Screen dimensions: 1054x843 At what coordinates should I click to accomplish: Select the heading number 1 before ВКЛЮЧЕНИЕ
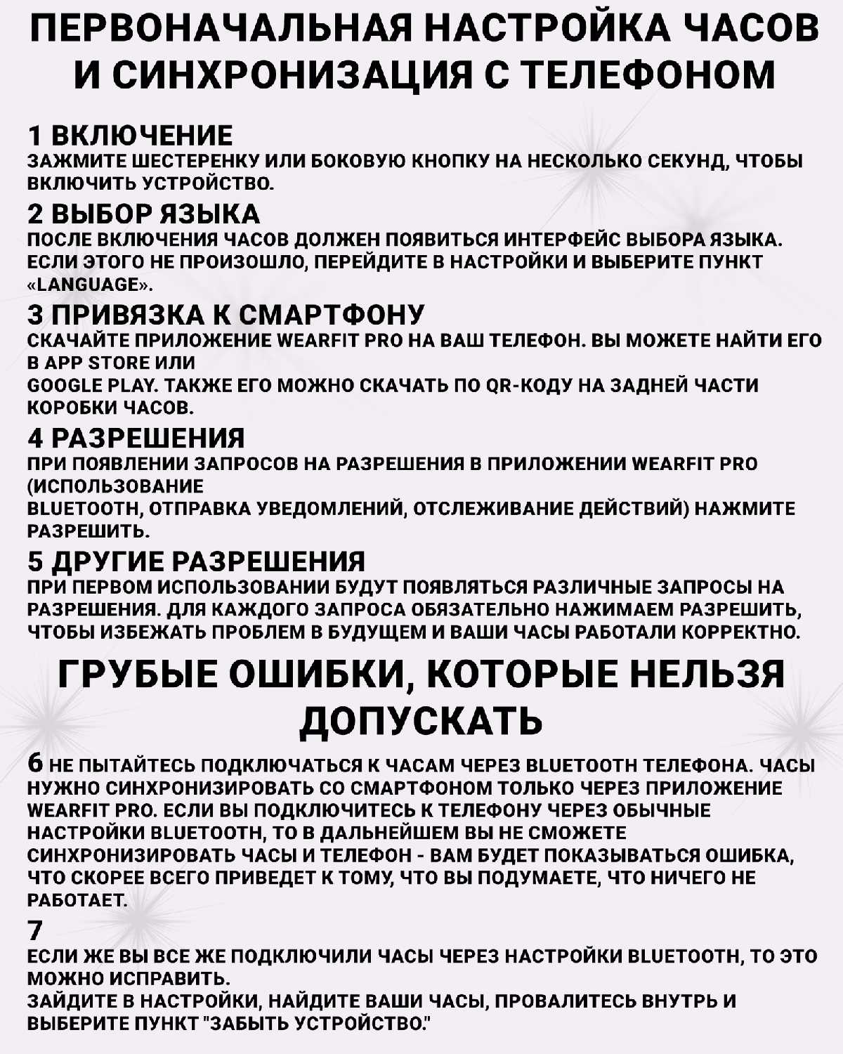click(35, 136)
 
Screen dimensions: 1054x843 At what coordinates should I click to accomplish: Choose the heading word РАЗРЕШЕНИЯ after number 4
click(148, 438)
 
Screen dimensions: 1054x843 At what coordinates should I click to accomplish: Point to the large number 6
click(36, 764)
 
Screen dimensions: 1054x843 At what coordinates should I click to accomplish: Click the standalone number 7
click(35, 931)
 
